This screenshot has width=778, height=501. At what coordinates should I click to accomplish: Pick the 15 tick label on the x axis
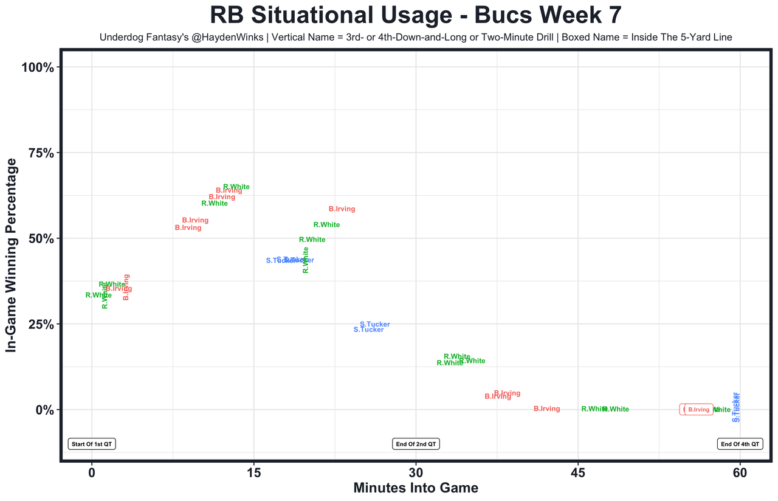click(x=253, y=472)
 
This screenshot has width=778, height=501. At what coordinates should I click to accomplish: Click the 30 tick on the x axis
click(x=416, y=472)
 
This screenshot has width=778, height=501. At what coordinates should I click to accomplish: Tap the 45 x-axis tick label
click(x=578, y=472)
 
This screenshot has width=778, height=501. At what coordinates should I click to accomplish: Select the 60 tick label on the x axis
click(x=740, y=472)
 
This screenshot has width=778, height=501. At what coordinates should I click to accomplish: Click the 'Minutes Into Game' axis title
click(x=416, y=488)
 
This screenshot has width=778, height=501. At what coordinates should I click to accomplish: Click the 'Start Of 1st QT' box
click(x=92, y=444)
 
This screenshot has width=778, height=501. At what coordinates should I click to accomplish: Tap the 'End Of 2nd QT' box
click(x=416, y=444)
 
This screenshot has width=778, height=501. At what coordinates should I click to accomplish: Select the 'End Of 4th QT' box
click(x=740, y=444)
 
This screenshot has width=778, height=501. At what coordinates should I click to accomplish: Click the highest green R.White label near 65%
click(x=236, y=187)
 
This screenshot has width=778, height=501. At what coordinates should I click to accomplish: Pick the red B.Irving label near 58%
click(x=342, y=209)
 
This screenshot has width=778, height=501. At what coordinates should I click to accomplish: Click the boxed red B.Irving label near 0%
click(x=699, y=410)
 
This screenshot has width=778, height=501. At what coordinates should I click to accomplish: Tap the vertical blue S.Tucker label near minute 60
click(x=737, y=407)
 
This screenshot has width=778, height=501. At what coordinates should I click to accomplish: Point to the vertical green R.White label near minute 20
click(x=306, y=260)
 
